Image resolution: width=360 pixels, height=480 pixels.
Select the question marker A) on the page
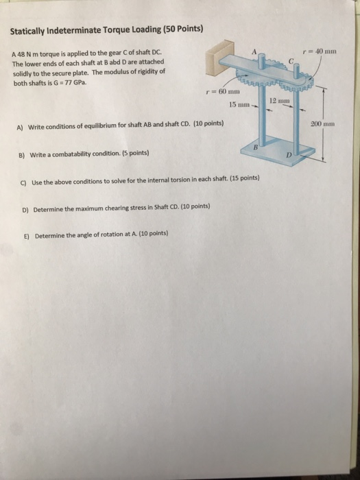click(x=21, y=126)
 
